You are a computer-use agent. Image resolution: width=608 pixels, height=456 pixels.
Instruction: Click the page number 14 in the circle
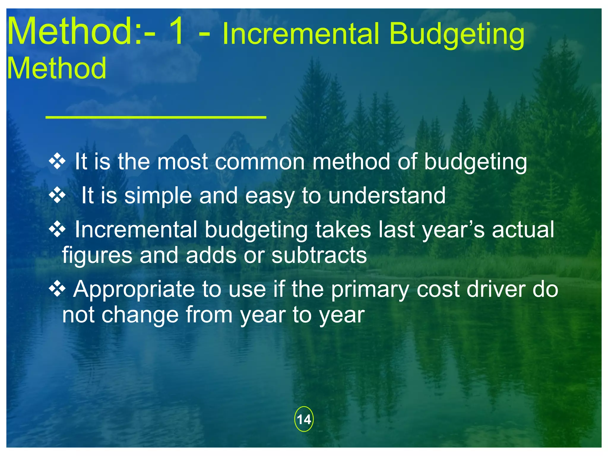click(x=304, y=419)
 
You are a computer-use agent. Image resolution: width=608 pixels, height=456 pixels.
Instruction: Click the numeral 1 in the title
click(x=177, y=31)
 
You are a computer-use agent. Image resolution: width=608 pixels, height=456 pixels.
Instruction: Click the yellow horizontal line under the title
click(x=156, y=118)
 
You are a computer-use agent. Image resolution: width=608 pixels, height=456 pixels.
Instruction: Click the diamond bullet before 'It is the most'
click(x=57, y=162)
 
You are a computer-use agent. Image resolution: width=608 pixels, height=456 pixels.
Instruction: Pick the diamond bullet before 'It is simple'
click(x=57, y=196)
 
